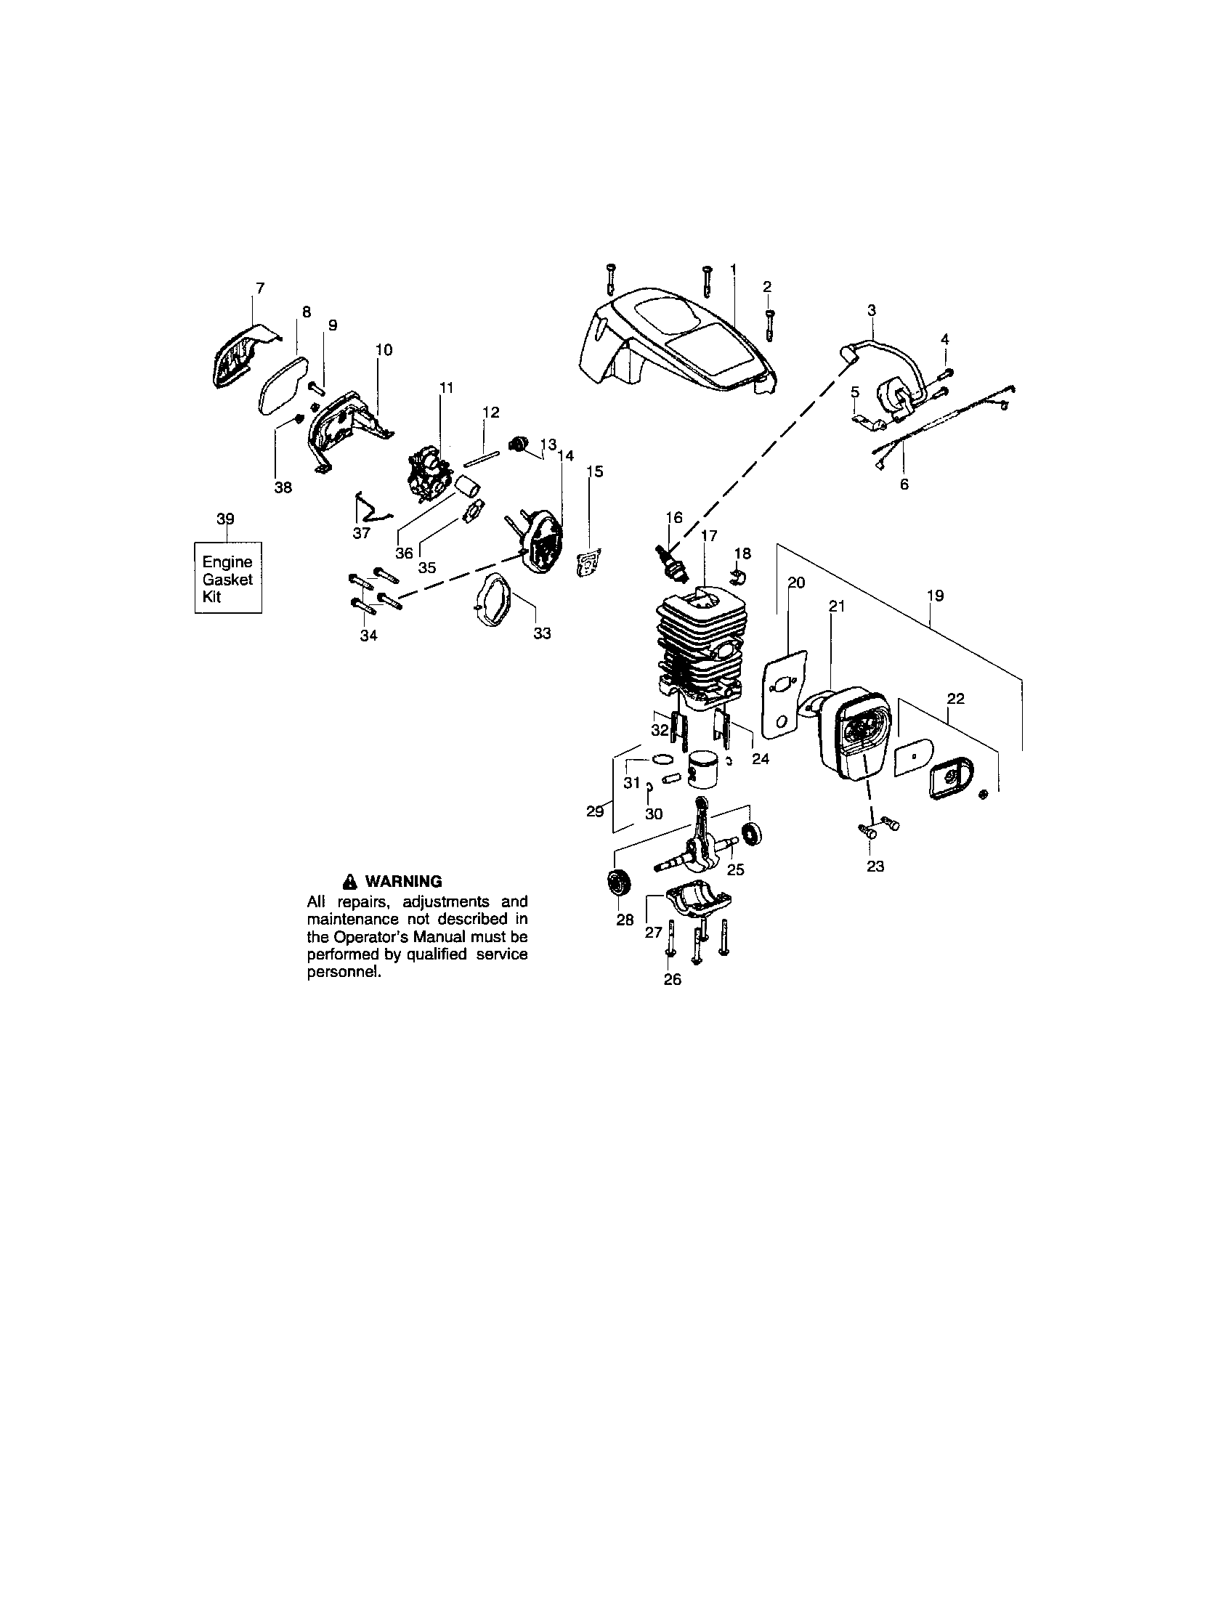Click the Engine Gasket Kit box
click(227, 578)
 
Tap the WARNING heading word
click(403, 881)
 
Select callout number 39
click(225, 519)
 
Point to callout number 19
click(935, 596)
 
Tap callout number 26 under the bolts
click(673, 979)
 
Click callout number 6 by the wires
click(904, 484)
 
